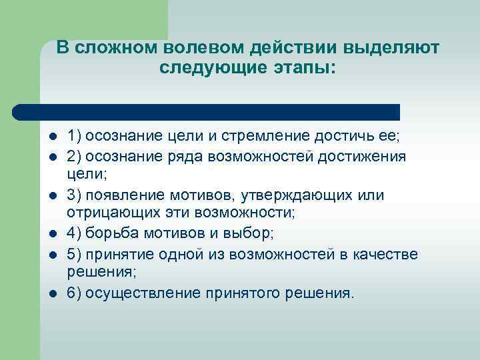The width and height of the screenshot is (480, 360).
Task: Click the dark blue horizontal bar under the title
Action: coord(207,111)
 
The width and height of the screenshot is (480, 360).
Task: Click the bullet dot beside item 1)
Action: coord(52,137)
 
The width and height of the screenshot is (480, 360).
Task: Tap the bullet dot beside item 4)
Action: coord(52,234)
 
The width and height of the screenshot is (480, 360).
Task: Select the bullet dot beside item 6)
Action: coord(52,293)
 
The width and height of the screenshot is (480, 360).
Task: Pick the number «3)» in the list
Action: coord(75,195)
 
